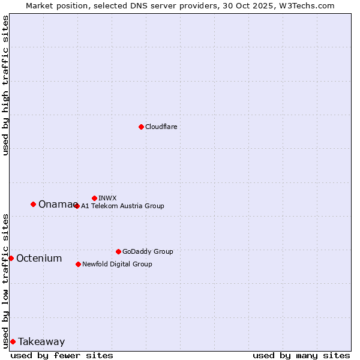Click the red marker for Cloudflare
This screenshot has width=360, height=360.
(141, 127)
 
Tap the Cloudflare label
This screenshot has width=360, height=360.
(161, 127)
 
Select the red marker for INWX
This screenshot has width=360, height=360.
(94, 198)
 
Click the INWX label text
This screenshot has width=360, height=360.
(107, 198)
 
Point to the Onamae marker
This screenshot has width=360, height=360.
(33, 204)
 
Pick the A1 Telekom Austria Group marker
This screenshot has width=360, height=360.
(77, 206)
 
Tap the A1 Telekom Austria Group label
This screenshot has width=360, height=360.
(122, 206)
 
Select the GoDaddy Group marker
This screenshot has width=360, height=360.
(118, 251)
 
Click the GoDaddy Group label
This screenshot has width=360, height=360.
(148, 251)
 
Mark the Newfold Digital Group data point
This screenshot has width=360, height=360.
(78, 264)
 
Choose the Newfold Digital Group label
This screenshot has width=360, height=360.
(117, 264)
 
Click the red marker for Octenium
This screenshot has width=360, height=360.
(11, 258)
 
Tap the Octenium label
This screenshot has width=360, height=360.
(39, 259)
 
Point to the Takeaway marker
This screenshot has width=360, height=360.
(13, 341)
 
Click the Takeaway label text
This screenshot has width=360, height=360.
(41, 342)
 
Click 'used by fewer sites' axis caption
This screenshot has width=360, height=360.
(62, 355)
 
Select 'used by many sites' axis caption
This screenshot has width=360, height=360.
(301, 355)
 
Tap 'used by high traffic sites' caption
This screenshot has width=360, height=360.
(5, 85)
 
